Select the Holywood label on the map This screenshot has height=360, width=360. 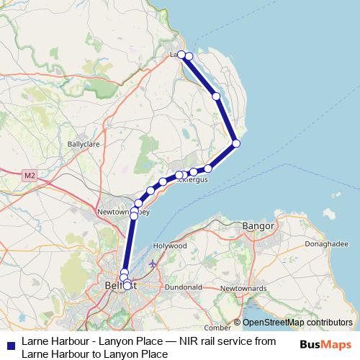pos(170,245)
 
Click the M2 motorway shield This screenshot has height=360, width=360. pos(29,174)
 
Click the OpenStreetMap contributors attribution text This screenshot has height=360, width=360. pos(297,323)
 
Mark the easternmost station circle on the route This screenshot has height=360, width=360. pos(236,144)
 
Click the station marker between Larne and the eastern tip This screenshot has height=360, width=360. pos(216,96)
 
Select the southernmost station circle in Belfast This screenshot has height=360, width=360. pos(127,286)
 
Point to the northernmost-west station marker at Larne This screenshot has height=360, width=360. pos(182,55)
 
